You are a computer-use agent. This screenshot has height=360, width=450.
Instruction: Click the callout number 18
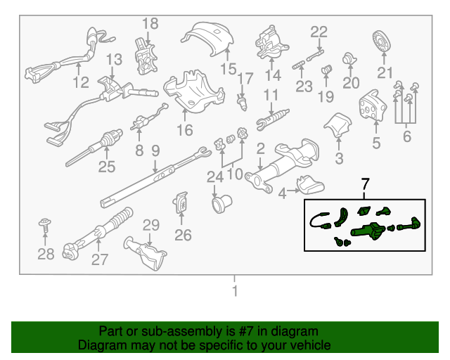point(150,25)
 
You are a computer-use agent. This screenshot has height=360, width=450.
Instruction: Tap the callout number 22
point(319,32)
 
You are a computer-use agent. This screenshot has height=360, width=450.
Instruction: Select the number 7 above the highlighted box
point(364,185)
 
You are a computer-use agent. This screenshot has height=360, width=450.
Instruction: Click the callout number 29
point(152,226)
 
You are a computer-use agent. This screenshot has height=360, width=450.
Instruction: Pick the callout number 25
point(106,167)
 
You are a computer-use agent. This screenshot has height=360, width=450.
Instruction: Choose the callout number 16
point(184,129)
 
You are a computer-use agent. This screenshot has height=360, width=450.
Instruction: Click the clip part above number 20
point(349,59)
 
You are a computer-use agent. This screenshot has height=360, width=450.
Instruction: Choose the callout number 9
point(155,150)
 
